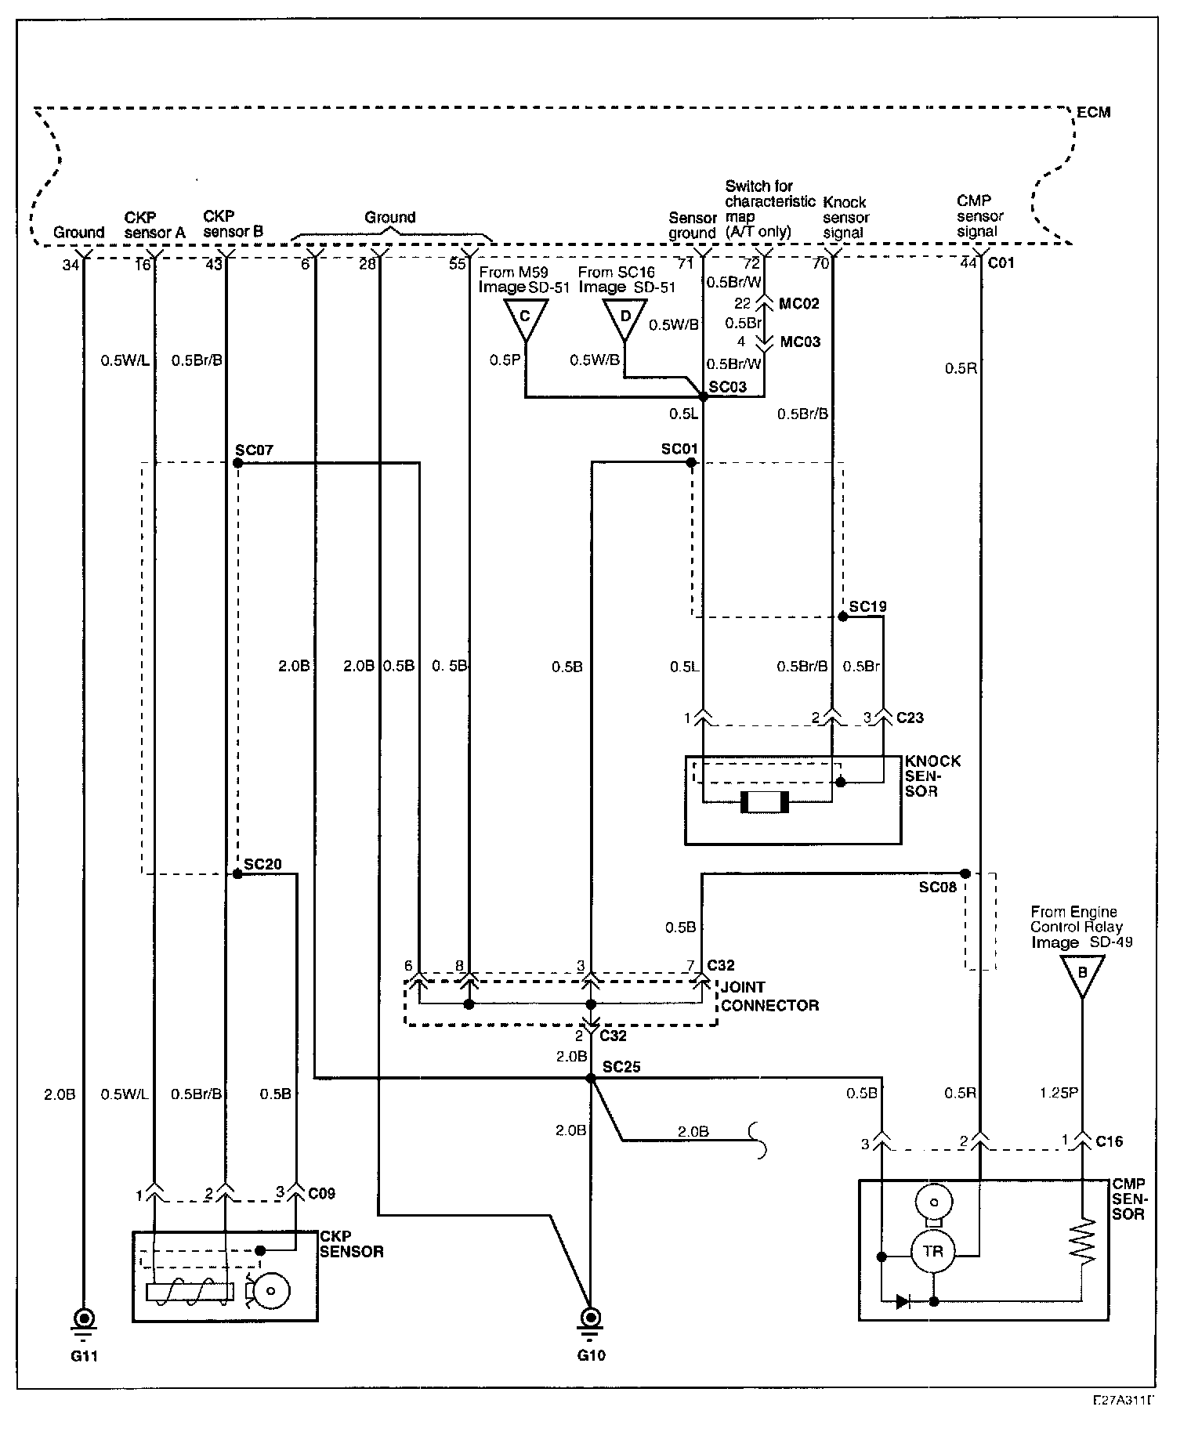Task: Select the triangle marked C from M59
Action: click(525, 318)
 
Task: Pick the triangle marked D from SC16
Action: click(624, 318)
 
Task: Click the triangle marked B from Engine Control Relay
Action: click(1082, 976)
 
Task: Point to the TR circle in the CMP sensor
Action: click(932, 1252)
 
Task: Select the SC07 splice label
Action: click(253, 450)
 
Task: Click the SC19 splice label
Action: click(868, 606)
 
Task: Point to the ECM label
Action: click(1093, 112)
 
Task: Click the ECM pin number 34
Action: click(71, 265)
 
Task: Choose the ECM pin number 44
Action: click(968, 263)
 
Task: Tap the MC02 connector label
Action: click(800, 303)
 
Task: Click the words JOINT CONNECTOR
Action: click(769, 996)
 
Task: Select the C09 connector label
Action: click(321, 1194)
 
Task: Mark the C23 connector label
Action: click(910, 717)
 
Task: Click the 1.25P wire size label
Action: click(1059, 1093)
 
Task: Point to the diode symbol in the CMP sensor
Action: click(903, 1303)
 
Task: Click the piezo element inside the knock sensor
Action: click(763, 802)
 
